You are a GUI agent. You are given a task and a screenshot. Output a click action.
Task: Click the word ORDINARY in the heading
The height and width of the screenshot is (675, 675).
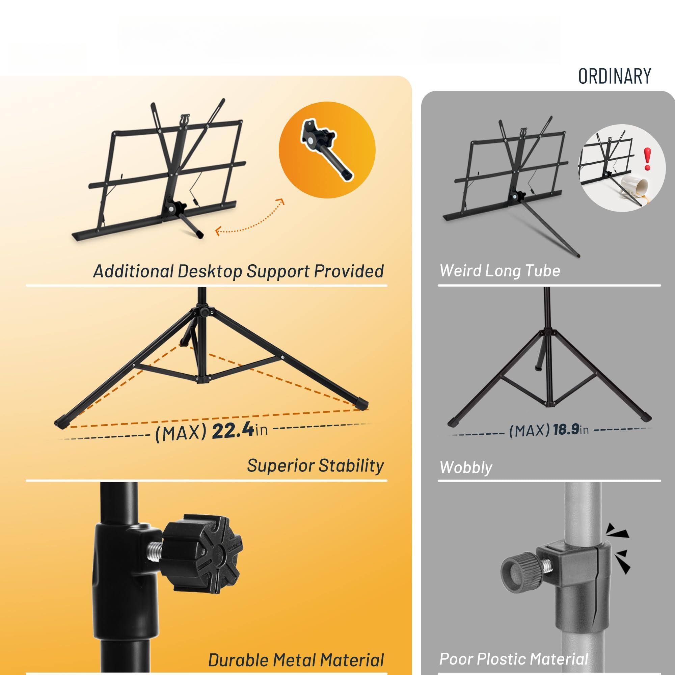tap(615, 76)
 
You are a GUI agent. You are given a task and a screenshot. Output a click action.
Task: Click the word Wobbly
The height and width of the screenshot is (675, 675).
tap(466, 467)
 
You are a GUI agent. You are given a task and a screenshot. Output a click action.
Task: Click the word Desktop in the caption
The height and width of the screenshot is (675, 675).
tap(210, 271)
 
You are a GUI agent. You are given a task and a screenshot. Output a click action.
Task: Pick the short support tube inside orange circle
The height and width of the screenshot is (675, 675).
tap(328, 154)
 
